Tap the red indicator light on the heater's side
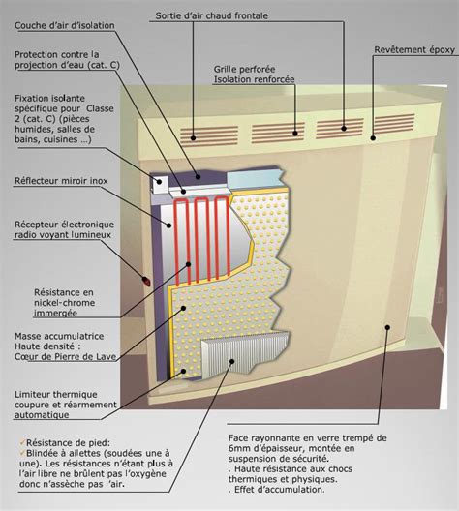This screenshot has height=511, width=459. (x=146, y=280)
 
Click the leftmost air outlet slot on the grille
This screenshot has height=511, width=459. (x=205, y=133)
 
